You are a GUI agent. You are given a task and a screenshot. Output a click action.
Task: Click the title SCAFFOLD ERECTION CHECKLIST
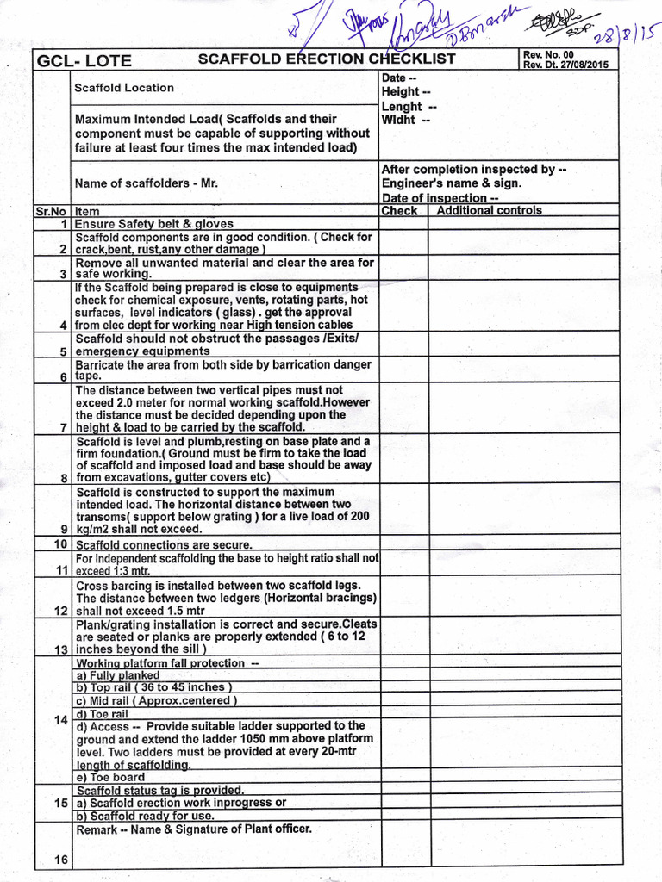click(327, 59)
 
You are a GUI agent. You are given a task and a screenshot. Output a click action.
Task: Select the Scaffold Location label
click(124, 88)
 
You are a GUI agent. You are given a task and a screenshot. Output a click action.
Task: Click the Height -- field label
click(406, 92)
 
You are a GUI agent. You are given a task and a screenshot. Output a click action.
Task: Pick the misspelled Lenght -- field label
click(409, 107)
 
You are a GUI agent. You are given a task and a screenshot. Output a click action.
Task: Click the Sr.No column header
click(52, 211)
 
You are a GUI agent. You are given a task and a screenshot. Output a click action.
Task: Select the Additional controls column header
click(490, 211)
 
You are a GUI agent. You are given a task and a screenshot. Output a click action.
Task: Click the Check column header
click(399, 211)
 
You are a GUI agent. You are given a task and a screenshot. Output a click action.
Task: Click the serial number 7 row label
click(64, 427)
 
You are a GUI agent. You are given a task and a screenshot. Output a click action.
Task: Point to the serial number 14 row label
click(60, 719)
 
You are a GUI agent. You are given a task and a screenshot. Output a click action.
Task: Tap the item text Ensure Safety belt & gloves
click(154, 224)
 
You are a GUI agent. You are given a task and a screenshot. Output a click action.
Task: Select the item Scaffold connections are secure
click(164, 545)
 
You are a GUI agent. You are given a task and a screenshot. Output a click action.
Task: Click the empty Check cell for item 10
click(404, 544)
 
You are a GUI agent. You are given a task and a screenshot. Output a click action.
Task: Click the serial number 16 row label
click(60, 859)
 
